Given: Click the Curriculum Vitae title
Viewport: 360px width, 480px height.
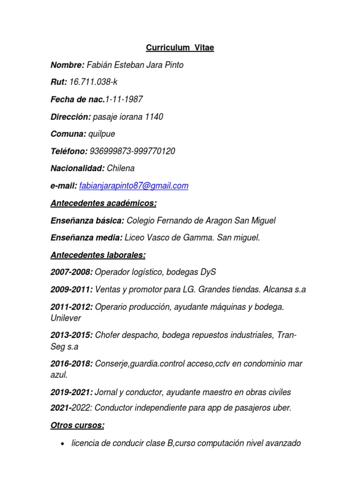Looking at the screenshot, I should (180, 48).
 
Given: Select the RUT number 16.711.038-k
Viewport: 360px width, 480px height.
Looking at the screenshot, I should (93, 82).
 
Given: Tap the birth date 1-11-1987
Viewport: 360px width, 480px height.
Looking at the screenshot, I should (124, 99).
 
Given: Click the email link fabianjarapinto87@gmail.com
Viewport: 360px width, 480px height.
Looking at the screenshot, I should (134, 186).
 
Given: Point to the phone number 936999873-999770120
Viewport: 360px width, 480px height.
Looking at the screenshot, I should (133, 151).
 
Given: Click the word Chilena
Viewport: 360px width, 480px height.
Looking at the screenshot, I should (120, 168).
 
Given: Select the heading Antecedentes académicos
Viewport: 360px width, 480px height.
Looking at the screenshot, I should (104, 203).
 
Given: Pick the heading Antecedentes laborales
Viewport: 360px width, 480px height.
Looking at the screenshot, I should (98, 255).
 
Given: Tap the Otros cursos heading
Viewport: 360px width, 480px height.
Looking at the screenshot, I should (77, 426).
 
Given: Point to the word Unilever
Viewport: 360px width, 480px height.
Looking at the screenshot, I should (66, 318).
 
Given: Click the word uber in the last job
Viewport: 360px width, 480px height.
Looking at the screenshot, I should (282, 408).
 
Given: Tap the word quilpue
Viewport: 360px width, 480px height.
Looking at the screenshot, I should (102, 134).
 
